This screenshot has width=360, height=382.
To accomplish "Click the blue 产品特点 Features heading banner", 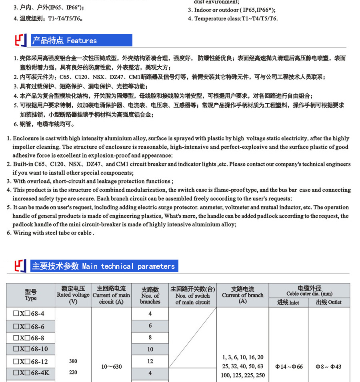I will pyautogui.click(x=82, y=40).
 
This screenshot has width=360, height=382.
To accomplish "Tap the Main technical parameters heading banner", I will pyautogui.click(x=104, y=266).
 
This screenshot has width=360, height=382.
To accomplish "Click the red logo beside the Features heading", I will pyautogui.click(x=21, y=40).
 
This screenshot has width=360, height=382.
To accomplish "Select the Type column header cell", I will pyautogui.click(x=31, y=295).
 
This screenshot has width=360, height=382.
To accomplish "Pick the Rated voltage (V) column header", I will pyautogui.click(x=73, y=295).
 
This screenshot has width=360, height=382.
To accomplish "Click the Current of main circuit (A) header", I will pyautogui.click(x=111, y=295).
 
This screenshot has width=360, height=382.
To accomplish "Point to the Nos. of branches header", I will pyautogui.click(x=150, y=295).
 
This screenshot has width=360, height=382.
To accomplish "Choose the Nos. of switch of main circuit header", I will pyautogui.click(x=192, y=295).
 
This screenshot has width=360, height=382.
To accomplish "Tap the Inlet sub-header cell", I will pyautogui.click(x=288, y=302).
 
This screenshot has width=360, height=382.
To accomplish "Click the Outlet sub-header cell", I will pyautogui.click(x=329, y=302).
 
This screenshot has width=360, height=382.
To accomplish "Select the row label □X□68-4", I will pyautogui.click(x=29, y=314).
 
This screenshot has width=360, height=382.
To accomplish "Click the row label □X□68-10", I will pyautogui.click(x=30, y=349).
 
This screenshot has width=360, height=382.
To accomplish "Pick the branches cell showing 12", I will pyautogui.click(x=150, y=361).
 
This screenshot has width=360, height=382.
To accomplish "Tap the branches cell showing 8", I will pyautogui.click(x=150, y=337).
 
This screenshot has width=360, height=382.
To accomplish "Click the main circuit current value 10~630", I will pyautogui.click(x=111, y=366).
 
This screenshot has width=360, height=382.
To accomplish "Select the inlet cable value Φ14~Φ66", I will pyautogui.click(x=289, y=366).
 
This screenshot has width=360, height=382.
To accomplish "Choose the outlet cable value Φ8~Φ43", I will pyautogui.click(x=329, y=366).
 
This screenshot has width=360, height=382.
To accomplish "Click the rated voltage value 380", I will pyautogui.click(x=73, y=361).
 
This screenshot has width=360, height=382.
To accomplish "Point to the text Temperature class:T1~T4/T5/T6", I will pyautogui.click(x=236, y=18).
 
